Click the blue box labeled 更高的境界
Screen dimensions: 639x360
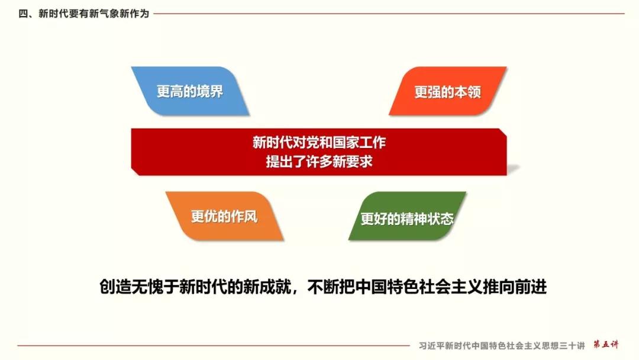(190, 91)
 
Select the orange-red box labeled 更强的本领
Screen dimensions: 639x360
(447, 91)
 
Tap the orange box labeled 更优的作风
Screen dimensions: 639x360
(224, 216)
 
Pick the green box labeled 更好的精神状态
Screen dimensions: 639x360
(407, 216)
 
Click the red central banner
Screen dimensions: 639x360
(319, 152)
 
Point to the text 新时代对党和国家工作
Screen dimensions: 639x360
(319, 142)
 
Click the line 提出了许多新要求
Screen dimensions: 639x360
(319, 162)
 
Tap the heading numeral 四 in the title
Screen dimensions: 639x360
(23, 14)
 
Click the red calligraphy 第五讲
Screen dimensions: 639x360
(606, 345)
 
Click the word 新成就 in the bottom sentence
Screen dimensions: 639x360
(267, 287)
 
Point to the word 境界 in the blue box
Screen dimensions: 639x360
(210, 91)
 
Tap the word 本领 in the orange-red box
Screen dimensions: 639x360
(468, 92)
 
